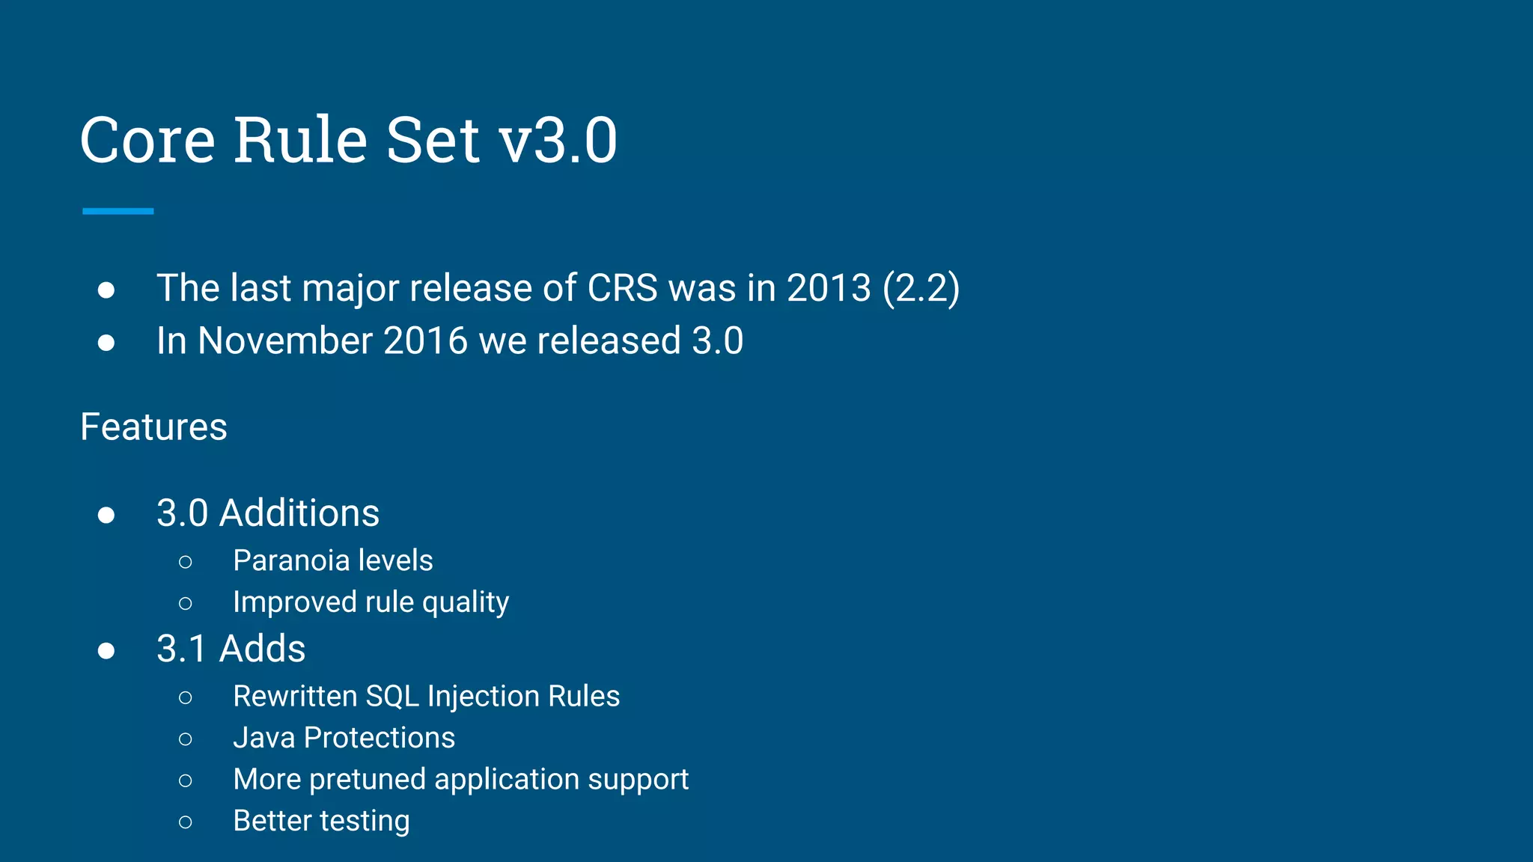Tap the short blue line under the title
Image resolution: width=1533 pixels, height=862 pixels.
[118, 212]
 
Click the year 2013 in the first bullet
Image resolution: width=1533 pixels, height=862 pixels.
[829, 288]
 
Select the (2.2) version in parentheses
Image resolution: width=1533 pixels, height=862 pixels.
[921, 288]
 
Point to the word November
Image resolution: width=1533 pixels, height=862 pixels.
[285, 341]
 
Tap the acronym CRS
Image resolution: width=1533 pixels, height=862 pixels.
[622, 288]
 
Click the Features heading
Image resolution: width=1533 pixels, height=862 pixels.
[153, 427]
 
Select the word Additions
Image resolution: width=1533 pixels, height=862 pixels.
[299, 513]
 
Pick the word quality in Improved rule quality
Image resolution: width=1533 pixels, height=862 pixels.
[465, 602]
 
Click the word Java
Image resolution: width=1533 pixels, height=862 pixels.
[263, 738]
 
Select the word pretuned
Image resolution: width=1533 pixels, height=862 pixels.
[367, 780]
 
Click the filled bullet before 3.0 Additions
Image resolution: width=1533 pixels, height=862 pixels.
[106, 515]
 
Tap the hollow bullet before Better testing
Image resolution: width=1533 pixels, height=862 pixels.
[186, 822]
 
